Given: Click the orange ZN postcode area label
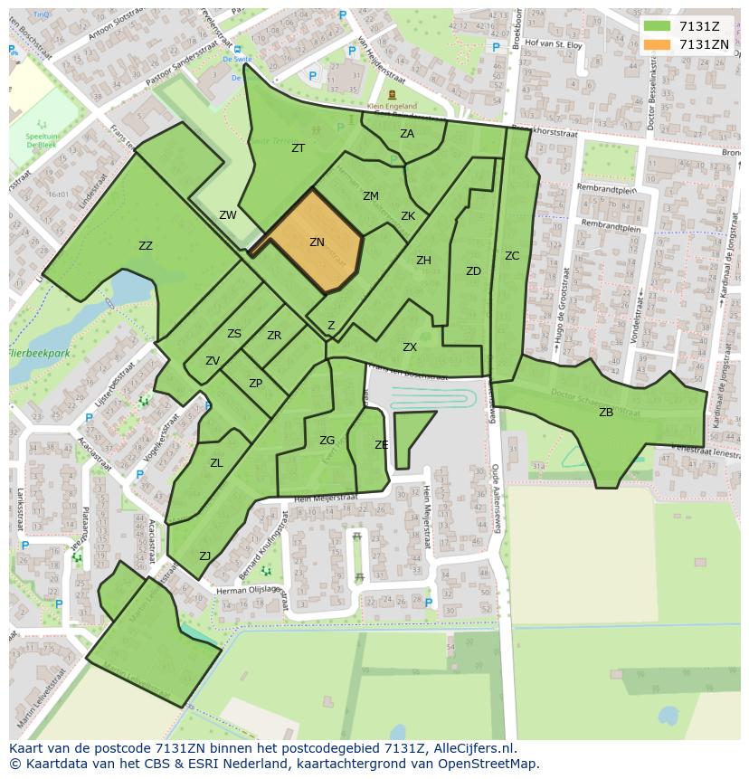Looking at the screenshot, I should [x=317, y=242].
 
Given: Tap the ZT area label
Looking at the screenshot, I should [x=298, y=148].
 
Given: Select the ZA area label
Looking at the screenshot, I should [x=407, y=134].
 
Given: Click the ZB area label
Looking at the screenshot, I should [x=606, y=413].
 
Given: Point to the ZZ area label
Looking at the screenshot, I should [x=146, y=246].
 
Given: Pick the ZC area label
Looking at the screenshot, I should [x=512, y=256].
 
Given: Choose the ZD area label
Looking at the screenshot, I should [x=473, y=271].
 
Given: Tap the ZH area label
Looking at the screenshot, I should [x=423, y=261].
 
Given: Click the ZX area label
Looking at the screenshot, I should [x=410, y=347].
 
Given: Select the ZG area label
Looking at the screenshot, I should [x=327, y=441].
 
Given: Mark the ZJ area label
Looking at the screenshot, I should [x=205, y=556].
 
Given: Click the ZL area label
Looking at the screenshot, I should [x=216, y=463].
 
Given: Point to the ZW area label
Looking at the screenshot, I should [x=228, y=215].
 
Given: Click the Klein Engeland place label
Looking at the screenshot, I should [x=393, y=106].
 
